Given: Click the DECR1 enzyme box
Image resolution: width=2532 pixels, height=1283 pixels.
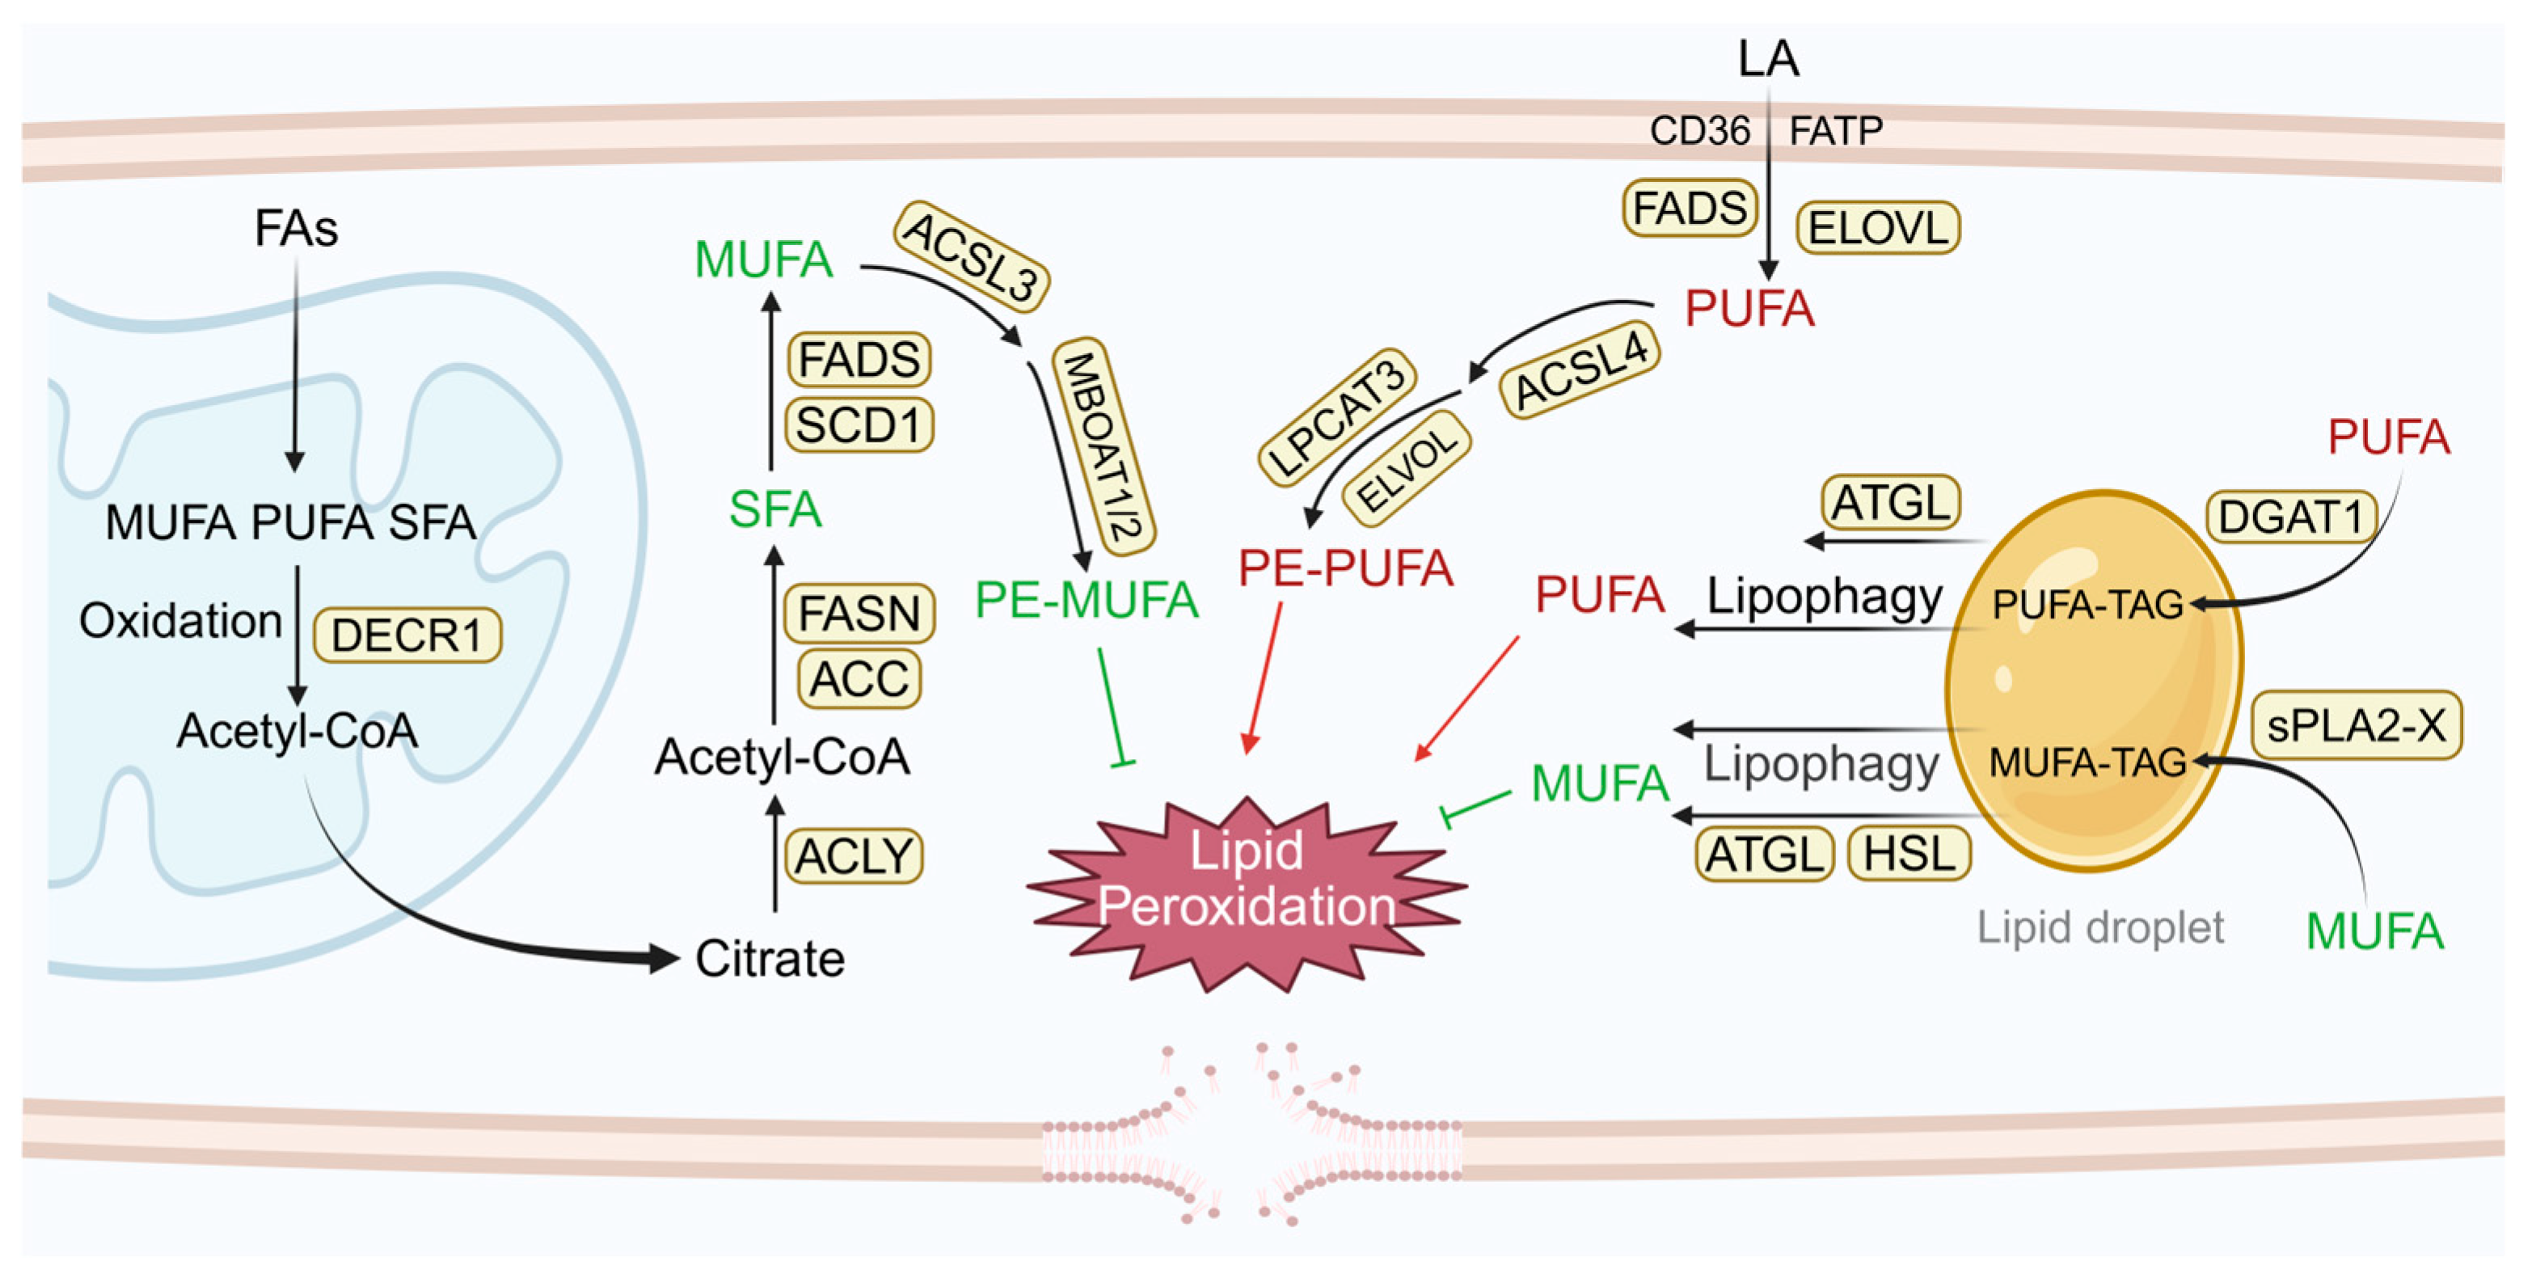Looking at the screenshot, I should (x=407, y=635).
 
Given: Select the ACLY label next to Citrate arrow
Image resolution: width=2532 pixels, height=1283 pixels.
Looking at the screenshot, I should (x=855, y=855).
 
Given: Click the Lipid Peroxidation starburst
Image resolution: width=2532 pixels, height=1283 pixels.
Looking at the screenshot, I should (x=1247, y=880).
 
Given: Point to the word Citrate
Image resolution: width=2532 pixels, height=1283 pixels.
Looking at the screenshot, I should (x=770, y=959).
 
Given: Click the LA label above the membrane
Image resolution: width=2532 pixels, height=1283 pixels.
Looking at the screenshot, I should (x=1767, y=58).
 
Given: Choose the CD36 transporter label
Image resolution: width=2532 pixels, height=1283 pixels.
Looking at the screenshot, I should (x=1699, y=131).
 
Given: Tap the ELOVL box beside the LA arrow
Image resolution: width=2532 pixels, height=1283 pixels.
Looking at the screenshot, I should (x=1877, y=228).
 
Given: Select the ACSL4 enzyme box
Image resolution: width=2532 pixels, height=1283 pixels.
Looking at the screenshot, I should (x=1580, y=370).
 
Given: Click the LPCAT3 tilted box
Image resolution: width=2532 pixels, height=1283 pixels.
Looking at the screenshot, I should (x=1337, y=417).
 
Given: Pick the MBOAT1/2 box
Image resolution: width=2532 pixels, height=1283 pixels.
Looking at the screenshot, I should (x=1104, y=446).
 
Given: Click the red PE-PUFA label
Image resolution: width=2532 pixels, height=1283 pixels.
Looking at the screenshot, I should (x=1344, y=568).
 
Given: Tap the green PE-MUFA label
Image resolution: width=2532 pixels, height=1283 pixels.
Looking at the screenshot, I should (x=1087, y=600).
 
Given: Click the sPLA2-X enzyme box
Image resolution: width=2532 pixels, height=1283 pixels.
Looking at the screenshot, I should (x=2356, y=725).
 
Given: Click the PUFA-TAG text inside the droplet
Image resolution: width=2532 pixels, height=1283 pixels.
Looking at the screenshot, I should (x=2087, y=605).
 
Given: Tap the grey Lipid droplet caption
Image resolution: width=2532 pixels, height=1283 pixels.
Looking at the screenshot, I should (x=2099, y=927).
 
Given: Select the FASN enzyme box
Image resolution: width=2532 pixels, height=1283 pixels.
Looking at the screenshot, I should (x=858, y=614).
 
